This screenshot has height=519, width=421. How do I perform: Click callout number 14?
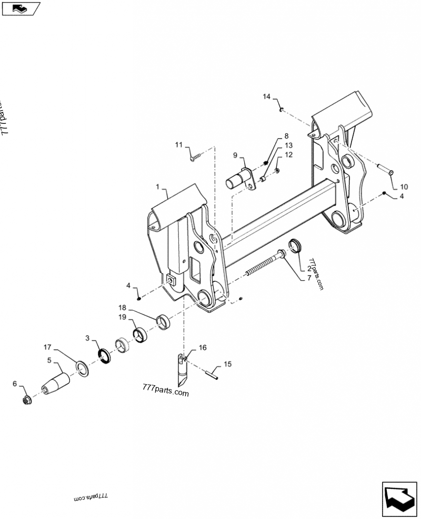pos(266,96)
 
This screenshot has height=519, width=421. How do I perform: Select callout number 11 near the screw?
pos(178,144)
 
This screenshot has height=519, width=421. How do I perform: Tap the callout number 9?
pos(236,155)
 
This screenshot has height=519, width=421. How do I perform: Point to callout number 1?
pos(157,187)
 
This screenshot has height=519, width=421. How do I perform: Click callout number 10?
pos(404,187)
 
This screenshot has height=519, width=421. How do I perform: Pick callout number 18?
pos(122,308)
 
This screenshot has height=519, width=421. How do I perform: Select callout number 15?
pos(227,364)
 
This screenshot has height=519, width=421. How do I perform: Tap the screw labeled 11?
pos(196,156)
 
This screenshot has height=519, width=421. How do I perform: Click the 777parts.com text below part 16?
pos(165,393)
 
